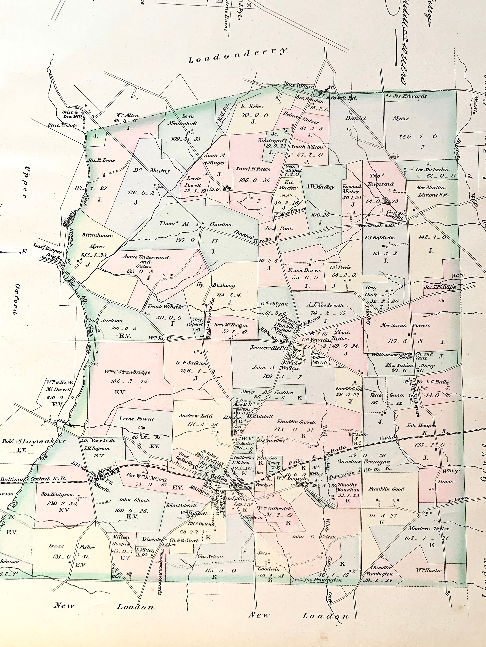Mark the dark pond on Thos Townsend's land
(x=387, y=201)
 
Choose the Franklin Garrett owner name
(x=297, y=422)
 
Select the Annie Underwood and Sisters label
(x=146, y=261)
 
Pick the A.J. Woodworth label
(x=325, y=305)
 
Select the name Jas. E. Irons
(x=101, y=160)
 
